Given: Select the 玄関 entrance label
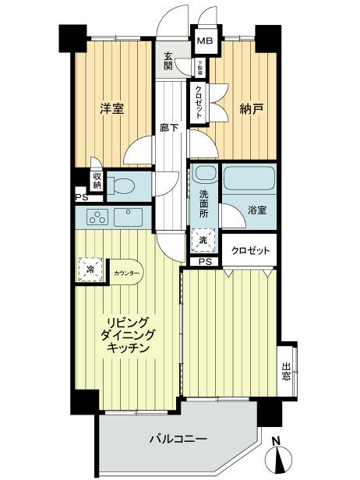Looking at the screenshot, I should tap(168, 62).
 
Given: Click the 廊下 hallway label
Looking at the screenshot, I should tap(168, 127).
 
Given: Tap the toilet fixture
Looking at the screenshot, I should tap(120, 186).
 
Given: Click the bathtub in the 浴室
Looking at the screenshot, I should tap(249, 178).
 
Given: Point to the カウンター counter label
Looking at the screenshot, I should tap(126, 274).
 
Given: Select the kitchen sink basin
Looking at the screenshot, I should tap(125, 216).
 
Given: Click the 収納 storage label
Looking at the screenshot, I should tap(96, 181).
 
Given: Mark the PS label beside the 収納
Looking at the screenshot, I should tap(81, 199).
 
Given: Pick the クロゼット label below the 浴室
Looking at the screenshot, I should tap(251, 251).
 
